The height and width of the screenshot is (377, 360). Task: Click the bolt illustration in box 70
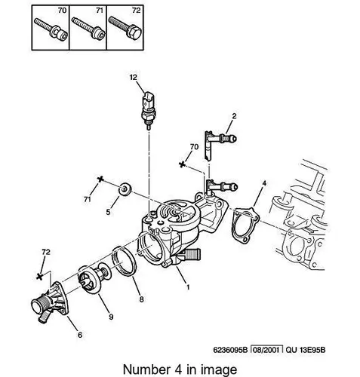(51, 29)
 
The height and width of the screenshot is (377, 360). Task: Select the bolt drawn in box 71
(88, 29)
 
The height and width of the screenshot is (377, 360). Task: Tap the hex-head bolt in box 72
(125, 29)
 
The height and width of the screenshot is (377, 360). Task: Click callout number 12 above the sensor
(134, 77)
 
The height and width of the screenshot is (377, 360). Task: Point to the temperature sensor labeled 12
(148, 111)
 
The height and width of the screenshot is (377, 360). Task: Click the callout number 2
(234, 116)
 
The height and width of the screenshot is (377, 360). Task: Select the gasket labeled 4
(245, 225)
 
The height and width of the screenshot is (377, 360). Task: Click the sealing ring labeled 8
(124, 262)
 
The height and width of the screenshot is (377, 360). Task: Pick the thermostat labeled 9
(95, 277)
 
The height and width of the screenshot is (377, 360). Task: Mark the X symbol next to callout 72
(39, 277)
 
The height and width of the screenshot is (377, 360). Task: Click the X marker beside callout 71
(100, 179)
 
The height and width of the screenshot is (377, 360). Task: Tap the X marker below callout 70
(182, 164)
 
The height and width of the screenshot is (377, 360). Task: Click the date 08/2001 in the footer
(266, 350)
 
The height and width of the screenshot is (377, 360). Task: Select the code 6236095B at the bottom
(231, 350)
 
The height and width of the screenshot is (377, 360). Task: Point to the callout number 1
(188, 287)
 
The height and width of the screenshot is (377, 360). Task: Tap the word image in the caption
(219, 370)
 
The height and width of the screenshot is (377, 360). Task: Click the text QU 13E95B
(306, 350)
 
